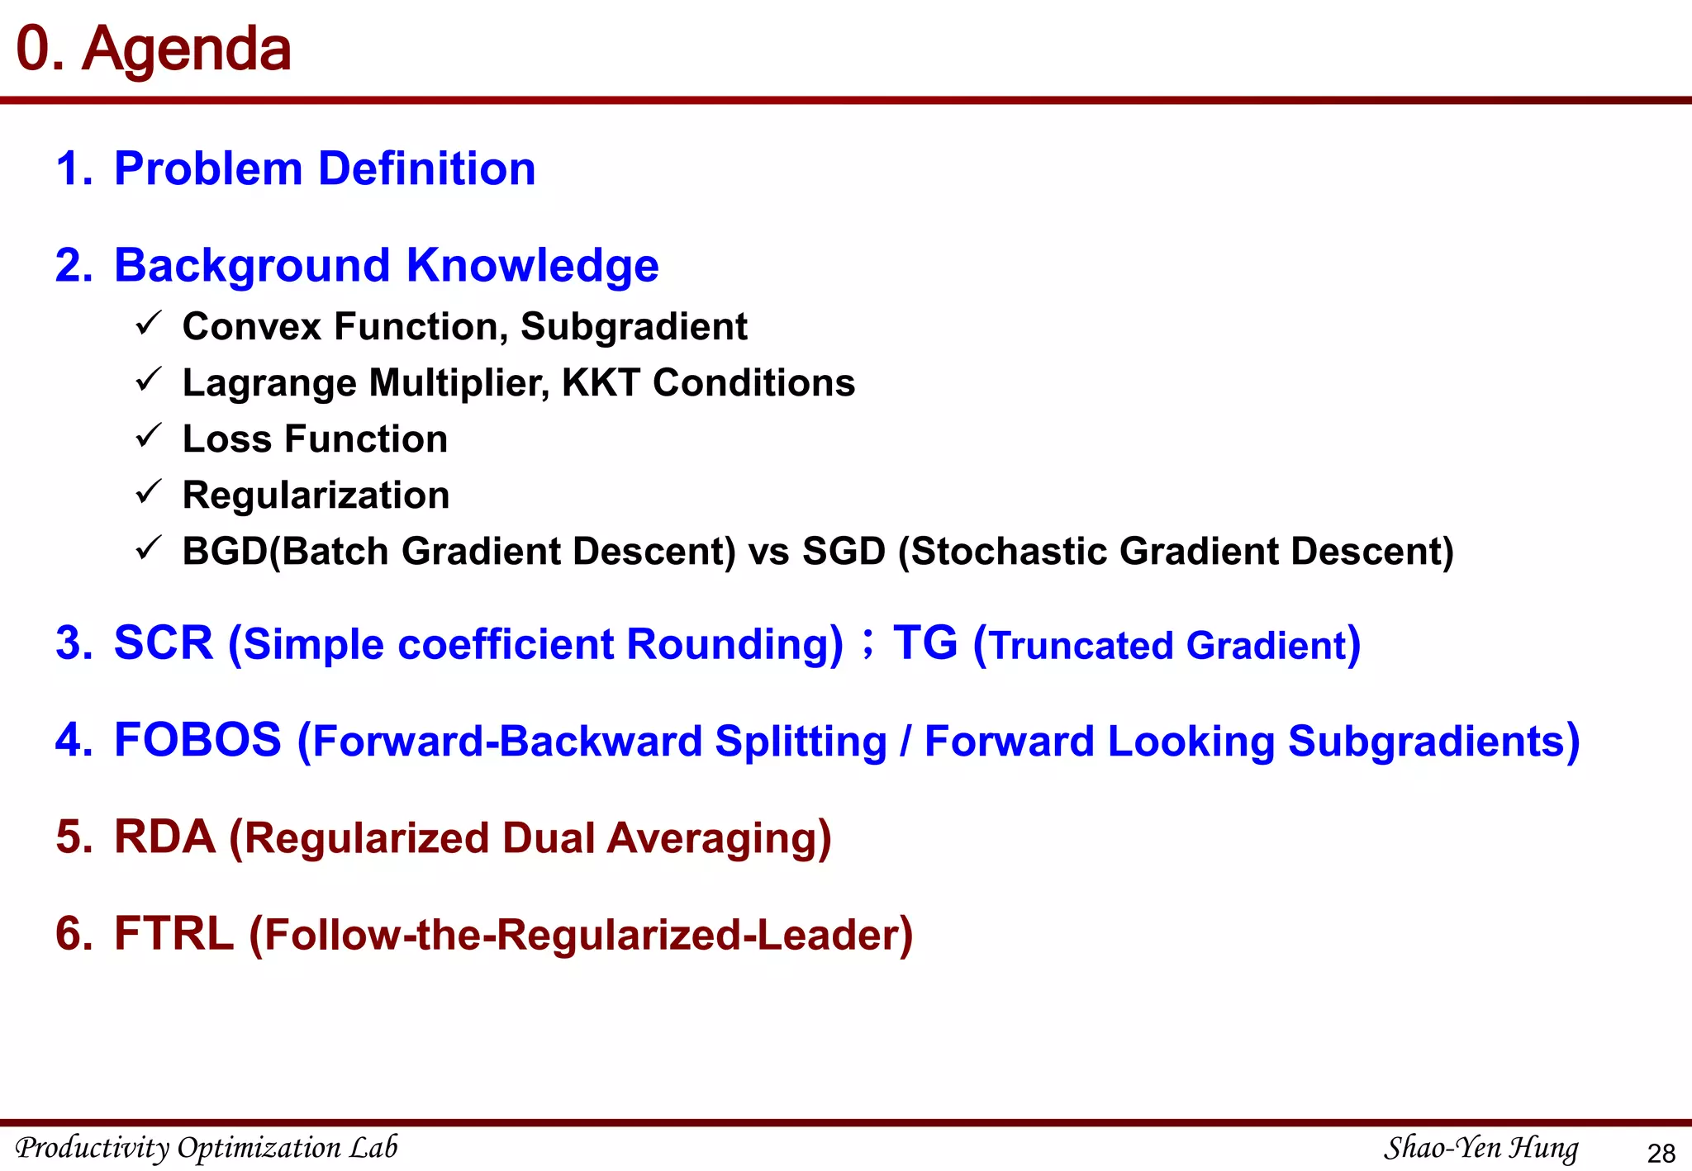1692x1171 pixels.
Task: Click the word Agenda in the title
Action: [x=186, y=50]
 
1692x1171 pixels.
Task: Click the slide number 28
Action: [x=1661, y=1153]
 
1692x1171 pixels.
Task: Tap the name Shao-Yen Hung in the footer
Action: [x=1480, y=1148]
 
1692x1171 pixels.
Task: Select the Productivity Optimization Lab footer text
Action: [x=207, y=1148]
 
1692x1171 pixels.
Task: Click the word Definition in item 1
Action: [x=426, y=168]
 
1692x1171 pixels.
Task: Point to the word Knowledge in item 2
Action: [x=532, y=265]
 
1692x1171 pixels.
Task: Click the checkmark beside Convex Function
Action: [x=148, y=324]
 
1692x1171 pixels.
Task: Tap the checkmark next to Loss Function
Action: [x=148, y=436]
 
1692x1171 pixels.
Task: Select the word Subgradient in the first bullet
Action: [x=634, y=326]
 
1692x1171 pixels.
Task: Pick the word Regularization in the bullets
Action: [x=316, y=495]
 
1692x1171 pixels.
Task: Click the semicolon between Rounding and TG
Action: [x=867, y=642]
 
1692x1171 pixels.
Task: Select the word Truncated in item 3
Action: [x=1081, y=645]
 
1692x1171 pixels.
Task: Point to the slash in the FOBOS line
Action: [x=905, y=741]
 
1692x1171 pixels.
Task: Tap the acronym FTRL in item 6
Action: [x=173, y=933]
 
